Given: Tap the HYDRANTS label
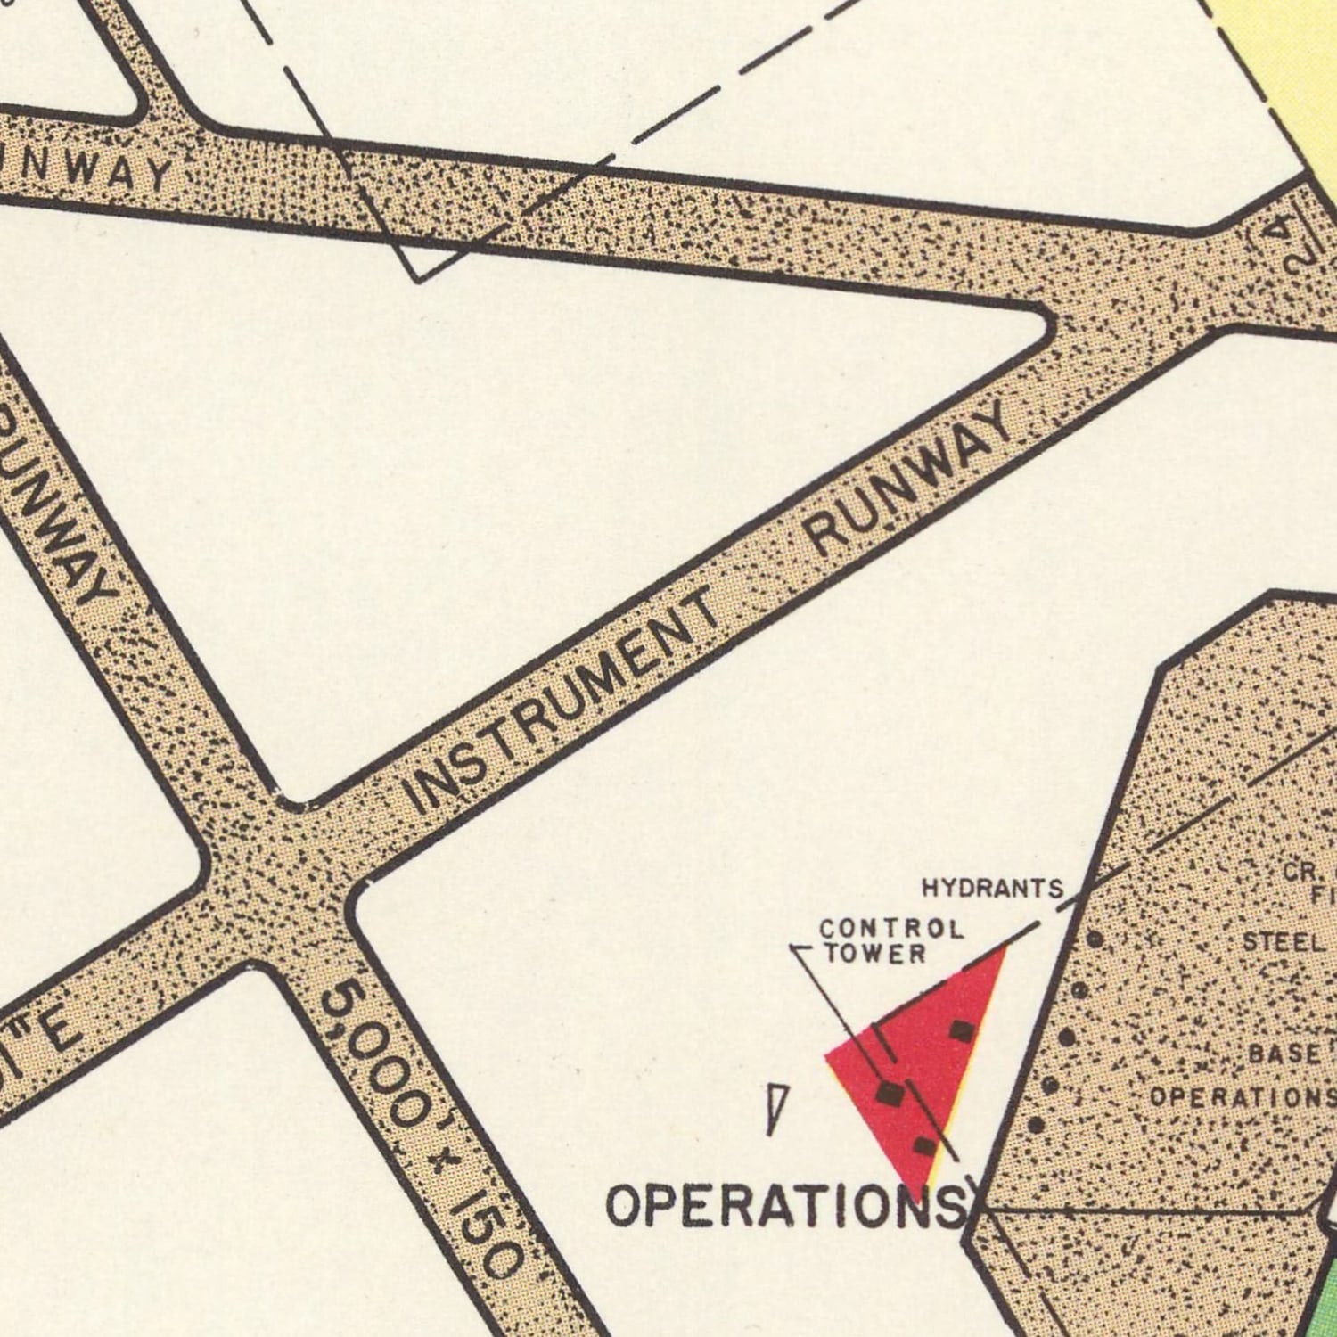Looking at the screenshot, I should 992,888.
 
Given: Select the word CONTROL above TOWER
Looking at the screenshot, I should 890,930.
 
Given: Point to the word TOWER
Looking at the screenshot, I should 874,954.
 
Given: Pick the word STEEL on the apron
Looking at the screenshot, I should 1282,942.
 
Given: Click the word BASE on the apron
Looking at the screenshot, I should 1284,1054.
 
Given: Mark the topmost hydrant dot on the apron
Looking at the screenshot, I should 1095,939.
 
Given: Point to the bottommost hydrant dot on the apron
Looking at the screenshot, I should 1036,1125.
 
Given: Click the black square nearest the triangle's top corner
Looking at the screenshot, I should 961,1031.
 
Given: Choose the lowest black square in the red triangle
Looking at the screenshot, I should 925,1145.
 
